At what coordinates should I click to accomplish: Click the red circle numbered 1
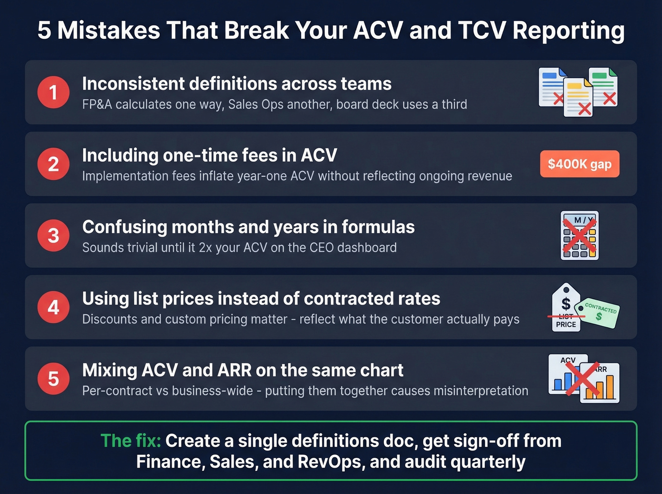[x=53, y=92]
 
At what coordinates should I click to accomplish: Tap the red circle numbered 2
[x=53, y=164]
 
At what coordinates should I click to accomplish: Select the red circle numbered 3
[x=53, y=235]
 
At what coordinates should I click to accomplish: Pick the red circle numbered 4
[x=53, y=307]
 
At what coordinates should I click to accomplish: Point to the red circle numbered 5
[x=53, y=379]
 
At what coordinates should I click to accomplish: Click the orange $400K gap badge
[x=579, y=164]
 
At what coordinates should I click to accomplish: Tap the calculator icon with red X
[x=579, y=235]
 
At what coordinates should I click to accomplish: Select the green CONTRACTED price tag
[x=600, y=312]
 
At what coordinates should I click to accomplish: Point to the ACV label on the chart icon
[x=568, y=360]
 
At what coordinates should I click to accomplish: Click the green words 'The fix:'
[x=131, y=441]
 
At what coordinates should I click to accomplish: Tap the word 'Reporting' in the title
[x=568, y=31]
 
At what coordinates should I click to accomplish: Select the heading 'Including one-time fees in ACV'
[x=209, y=156]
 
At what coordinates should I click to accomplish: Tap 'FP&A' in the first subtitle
[x=97, y=104]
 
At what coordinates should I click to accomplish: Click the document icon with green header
[x=603, y=87]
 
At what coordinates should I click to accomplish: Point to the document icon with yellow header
[x=578, y=97]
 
